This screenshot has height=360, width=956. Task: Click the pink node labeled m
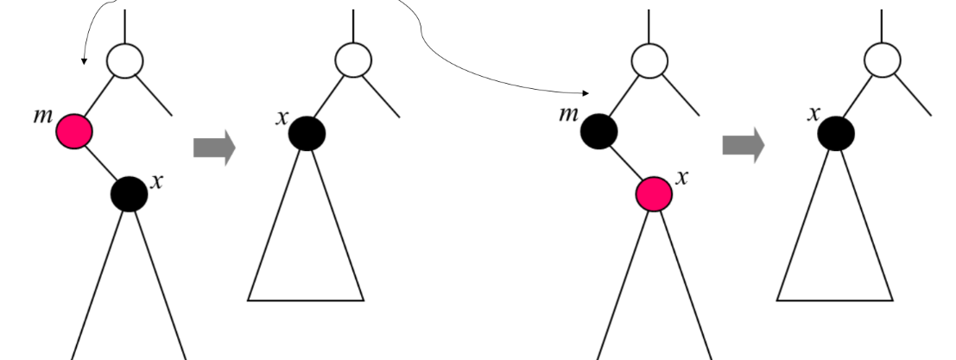tap(74, 132)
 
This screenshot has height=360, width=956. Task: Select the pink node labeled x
tap(655, 194)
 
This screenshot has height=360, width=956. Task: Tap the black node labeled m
tap(599, 132)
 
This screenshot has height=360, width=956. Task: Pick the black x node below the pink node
tap(130, 193)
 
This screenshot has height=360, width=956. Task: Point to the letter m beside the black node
tap(567, 114)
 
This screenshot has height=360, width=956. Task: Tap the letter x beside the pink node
tap(682, 178)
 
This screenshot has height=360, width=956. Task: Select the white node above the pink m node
tap(124, 61)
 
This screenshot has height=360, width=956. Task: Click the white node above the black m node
tap(649, 60)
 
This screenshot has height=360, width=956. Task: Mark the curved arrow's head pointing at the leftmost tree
tap(84, 61)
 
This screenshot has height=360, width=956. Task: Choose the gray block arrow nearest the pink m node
tap(214, 148)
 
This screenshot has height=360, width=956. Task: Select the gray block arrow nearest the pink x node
tap(744, 146)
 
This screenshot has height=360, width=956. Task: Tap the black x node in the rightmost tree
tap(836, 134)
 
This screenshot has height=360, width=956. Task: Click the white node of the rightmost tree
tap(882, 60)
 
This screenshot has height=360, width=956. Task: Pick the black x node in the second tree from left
tap(307, 134)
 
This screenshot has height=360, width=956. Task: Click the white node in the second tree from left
tap(353, 60)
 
